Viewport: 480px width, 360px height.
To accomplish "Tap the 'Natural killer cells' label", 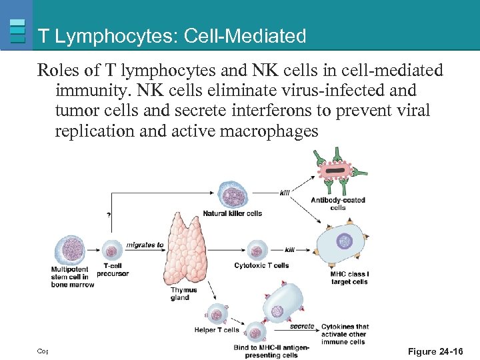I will pyautogui.click(x=233, y=214).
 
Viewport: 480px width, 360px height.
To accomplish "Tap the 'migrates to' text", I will pyautogui.click(x=145, y=245).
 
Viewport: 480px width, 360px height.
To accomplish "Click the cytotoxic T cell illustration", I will pyautogui.click(x=257, y=251).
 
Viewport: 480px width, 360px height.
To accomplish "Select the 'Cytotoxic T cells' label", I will pyautogui.click(x=261, y=265).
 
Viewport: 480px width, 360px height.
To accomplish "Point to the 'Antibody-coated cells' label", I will pyautogui.click(x=338, y=203).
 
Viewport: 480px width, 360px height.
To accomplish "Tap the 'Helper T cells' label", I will pyautogui.click(x=217, y=330).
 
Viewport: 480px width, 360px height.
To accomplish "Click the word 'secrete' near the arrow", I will pyautogui.click(x=302, y=327).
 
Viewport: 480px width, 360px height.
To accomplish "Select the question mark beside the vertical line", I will pyautogui.click(x=108, y=215).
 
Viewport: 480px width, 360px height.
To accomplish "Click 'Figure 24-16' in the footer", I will pyautogui.click(x=435, y=351).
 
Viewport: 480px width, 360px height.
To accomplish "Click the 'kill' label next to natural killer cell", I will pyautogui.click(x=285, y=193).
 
